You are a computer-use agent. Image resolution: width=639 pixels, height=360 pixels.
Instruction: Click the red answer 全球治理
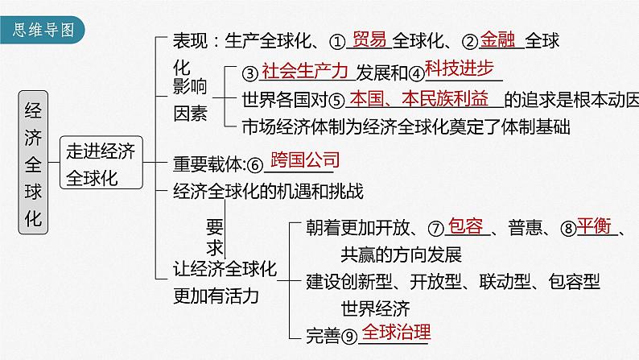point(397,332)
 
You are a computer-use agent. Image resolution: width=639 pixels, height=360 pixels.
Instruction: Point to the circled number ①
point(338,39)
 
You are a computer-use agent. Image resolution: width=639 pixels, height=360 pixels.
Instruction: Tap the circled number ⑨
point(348,334)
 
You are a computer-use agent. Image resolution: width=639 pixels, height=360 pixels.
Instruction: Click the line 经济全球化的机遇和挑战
point(268,192)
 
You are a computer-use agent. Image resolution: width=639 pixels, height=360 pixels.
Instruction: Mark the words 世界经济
point(375,307)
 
